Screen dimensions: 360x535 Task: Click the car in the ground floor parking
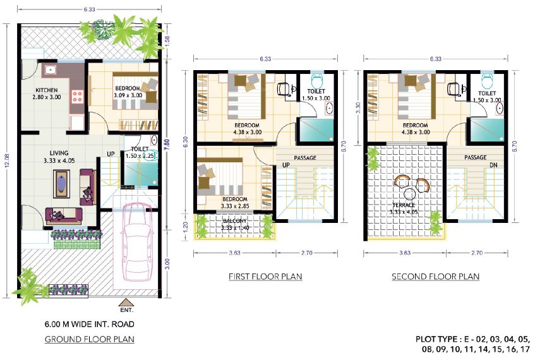click(137, 243)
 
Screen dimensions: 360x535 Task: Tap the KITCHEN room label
click(47, 90)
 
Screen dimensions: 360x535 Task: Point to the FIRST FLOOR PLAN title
click(265, 277)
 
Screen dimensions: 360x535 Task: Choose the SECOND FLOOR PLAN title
click(435, 277)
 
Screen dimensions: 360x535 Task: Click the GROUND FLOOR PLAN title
click(89, 339)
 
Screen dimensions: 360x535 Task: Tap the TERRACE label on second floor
click(404, 205)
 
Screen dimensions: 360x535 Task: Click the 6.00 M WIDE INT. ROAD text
click(89, 325)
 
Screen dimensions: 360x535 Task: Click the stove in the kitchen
click(78, 97)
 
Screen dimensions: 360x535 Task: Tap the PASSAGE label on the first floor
click(305, 158)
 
